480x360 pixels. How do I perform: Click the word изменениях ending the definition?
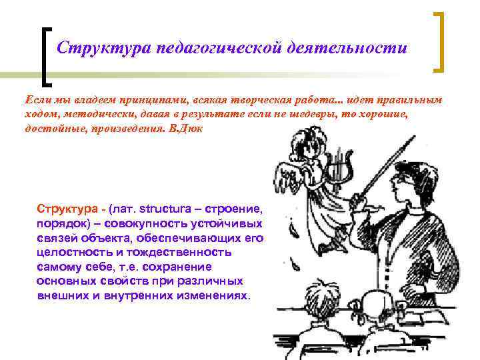coord(216,295)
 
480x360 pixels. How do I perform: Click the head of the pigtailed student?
coord(316,300)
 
